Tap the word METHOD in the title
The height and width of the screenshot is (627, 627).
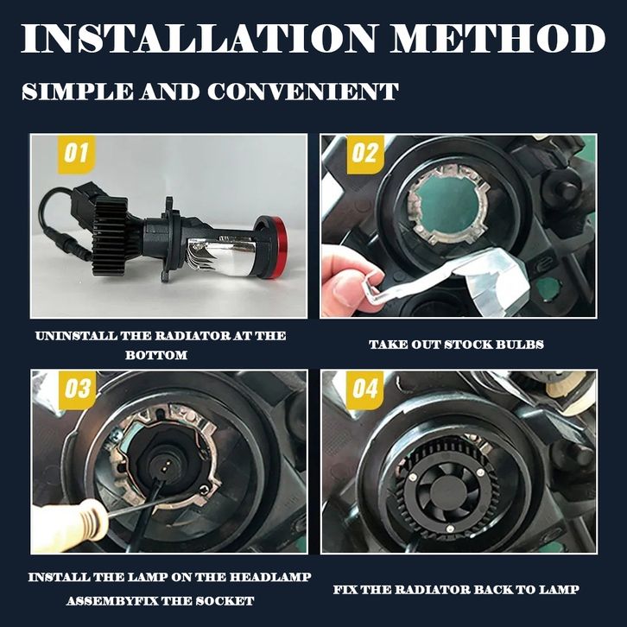tap(497, 38)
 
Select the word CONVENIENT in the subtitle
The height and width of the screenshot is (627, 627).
tap(302, 92)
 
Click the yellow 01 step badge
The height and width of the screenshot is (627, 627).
tap(76, 154)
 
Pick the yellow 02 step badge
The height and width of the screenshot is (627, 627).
tap(365, 154)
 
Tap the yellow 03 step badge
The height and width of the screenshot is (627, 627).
tap(77, 389)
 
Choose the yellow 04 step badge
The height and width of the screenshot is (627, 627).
tap(365, 389)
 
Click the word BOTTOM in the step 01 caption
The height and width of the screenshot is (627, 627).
tap(156, 355)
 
